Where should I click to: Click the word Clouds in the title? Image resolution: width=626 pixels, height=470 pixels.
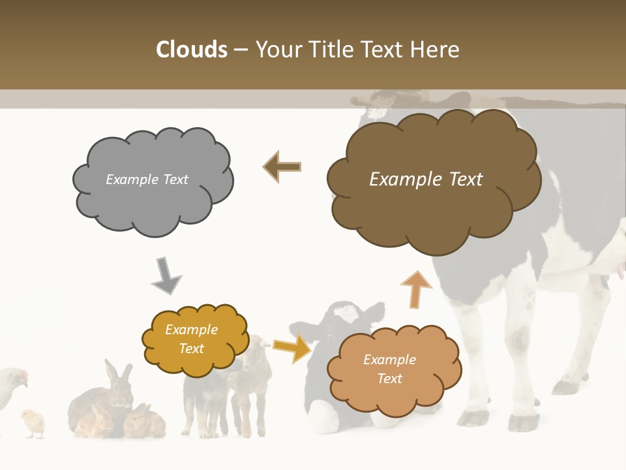click(191, 50)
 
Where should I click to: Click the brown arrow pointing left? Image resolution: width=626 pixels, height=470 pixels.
click(282, 166)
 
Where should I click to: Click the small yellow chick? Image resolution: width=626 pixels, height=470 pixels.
click(33, 422)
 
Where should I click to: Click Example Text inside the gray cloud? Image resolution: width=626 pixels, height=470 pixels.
click(147, 180)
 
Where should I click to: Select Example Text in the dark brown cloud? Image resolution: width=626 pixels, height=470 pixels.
click(426, 180)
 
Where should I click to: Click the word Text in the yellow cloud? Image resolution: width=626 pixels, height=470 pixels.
click(191, 349)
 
